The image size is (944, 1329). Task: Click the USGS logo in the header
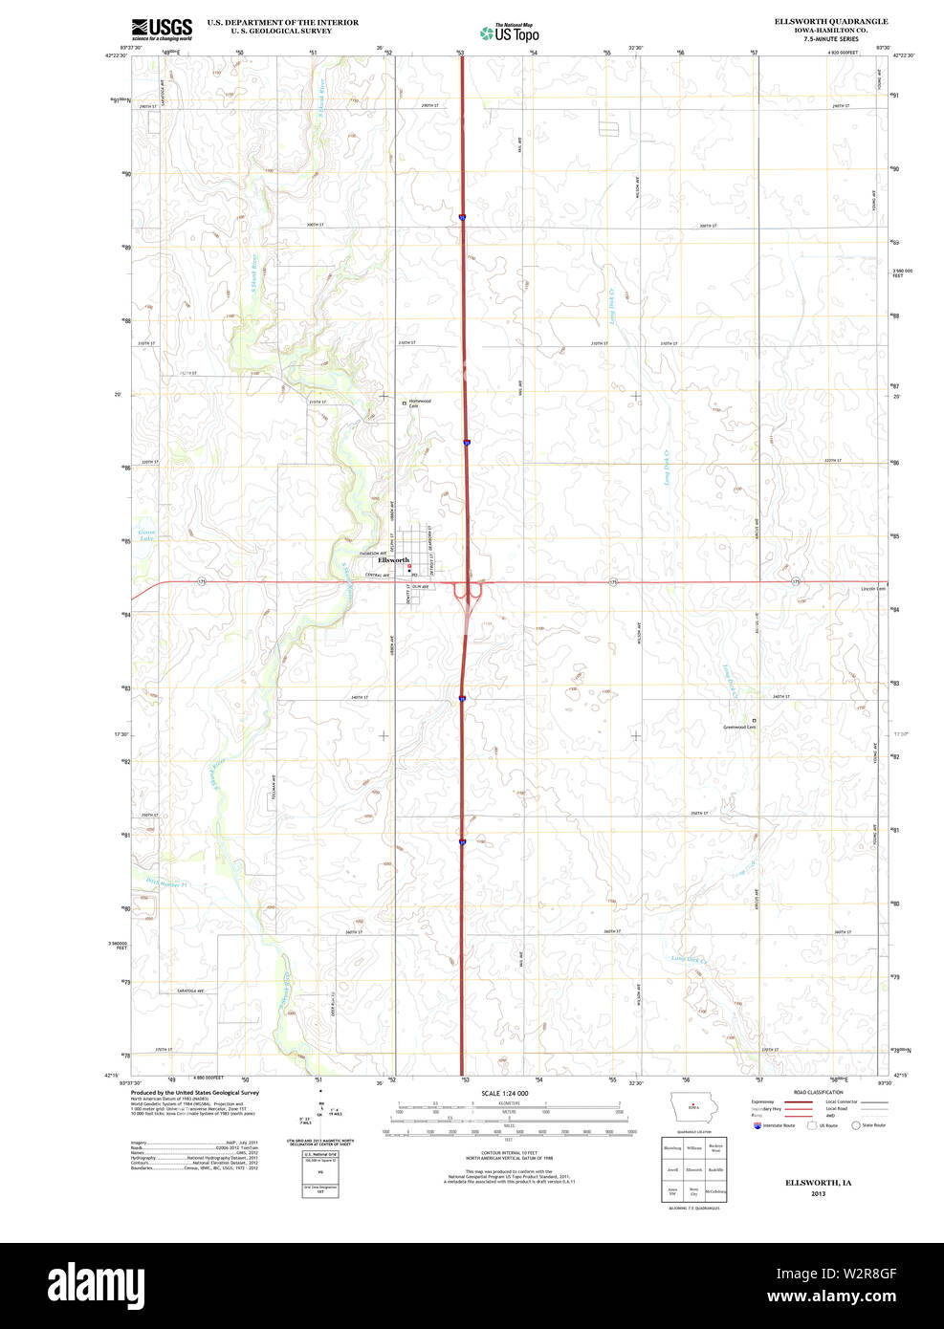click(162, 28)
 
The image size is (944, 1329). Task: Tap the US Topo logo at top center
click(510, 33)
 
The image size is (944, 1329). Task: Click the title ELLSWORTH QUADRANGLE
click(830, 21)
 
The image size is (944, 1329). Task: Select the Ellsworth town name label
click(393, 560)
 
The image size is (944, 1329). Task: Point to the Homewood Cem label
click(420, 403)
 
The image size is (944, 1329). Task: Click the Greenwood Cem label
click(739, 727)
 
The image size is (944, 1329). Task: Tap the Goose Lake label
click(146, 535)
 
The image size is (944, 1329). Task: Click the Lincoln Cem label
click(873, 589)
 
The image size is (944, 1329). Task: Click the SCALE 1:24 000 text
click(504, 1093)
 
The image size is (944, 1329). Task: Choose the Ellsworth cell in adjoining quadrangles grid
click(693, 1169)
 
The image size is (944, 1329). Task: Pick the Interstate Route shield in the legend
click(757, 1125)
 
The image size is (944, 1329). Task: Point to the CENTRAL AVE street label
click(378, 576)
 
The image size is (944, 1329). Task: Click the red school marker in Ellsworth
click(409, 566)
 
